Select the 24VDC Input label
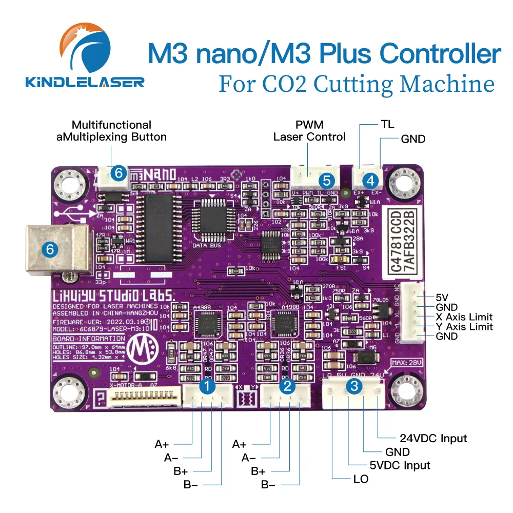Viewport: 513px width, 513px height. pos(433,438)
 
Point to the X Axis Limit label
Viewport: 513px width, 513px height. pos(464,317)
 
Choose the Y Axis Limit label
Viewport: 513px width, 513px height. pos(464,327)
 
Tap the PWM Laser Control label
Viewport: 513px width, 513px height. pos(309,131)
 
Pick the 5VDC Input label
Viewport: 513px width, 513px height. pos(402,465)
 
